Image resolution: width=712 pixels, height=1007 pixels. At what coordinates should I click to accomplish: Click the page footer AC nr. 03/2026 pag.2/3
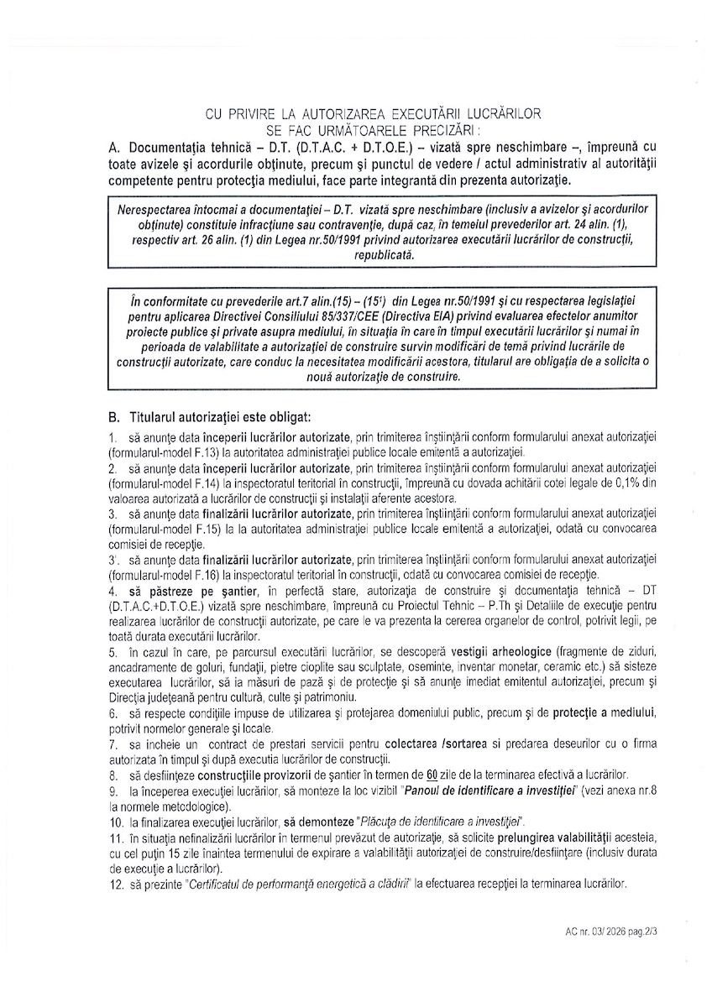(x=612, y=931)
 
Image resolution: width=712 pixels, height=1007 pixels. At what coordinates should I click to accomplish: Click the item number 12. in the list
(x=117, y=884)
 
